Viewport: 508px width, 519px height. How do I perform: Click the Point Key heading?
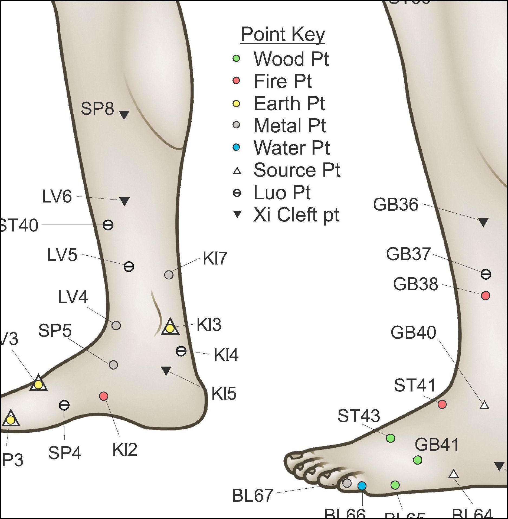283,34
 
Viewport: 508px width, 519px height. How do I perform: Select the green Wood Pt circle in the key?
236,58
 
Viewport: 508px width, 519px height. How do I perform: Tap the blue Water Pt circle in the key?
236,148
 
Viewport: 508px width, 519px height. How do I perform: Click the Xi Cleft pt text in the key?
296,215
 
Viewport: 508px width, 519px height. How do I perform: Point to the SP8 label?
97,109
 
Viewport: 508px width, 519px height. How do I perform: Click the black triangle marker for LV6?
124,201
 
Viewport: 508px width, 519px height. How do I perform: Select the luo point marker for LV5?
129,266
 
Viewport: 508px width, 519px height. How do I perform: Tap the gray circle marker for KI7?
169,275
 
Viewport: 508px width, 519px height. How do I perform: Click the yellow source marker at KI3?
170,328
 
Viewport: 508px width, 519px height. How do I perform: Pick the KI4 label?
226,355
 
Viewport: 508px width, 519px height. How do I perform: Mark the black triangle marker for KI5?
166,370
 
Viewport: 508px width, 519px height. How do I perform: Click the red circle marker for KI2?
104,396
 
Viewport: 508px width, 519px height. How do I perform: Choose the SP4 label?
65,453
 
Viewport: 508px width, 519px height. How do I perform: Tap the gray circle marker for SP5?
113,365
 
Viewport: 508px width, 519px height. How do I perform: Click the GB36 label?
395,204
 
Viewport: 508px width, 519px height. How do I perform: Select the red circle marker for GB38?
485,296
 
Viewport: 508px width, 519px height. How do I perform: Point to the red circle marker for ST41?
442,404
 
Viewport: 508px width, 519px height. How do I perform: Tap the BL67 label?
253,495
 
